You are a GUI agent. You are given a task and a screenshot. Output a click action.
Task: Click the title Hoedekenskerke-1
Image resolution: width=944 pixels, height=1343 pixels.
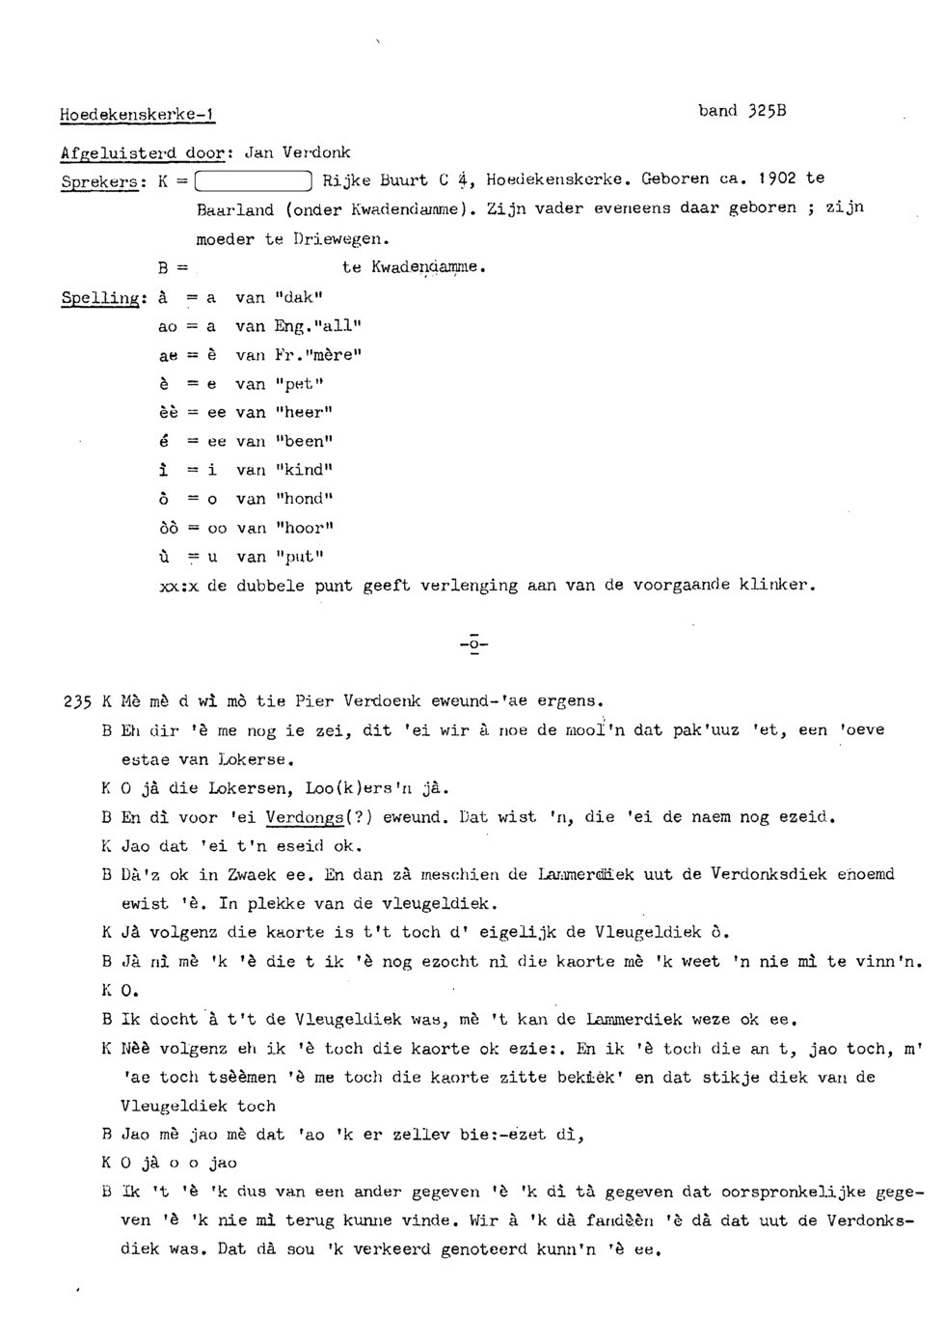click(137, 115)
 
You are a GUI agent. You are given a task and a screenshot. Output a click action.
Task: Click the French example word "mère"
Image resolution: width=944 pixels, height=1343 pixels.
click(327, 355)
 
